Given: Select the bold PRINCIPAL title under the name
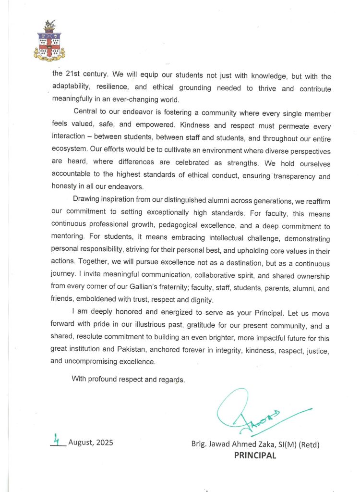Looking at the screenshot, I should click(x=255, y=456).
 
